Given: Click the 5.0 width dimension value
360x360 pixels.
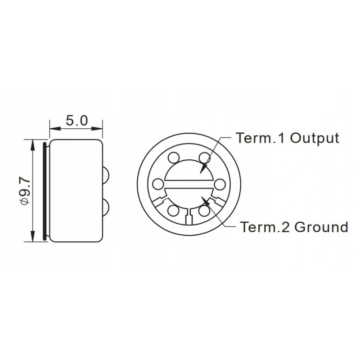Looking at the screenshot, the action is click(x=76, y=121).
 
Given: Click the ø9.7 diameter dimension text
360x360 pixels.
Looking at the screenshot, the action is click(x=25, y=190).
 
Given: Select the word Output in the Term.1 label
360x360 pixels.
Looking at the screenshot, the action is click(x=315, y=138).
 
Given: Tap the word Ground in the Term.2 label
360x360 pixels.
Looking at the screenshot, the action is click(x=321, y=227).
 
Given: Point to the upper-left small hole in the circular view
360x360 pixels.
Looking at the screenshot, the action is click(x=174, y=158).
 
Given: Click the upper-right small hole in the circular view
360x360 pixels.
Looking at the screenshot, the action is click(x=204, y=158).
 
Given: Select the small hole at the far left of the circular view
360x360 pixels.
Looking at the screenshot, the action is click(x=158, y=184).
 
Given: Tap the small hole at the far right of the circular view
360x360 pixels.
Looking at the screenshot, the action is click(x=220, y=184).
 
